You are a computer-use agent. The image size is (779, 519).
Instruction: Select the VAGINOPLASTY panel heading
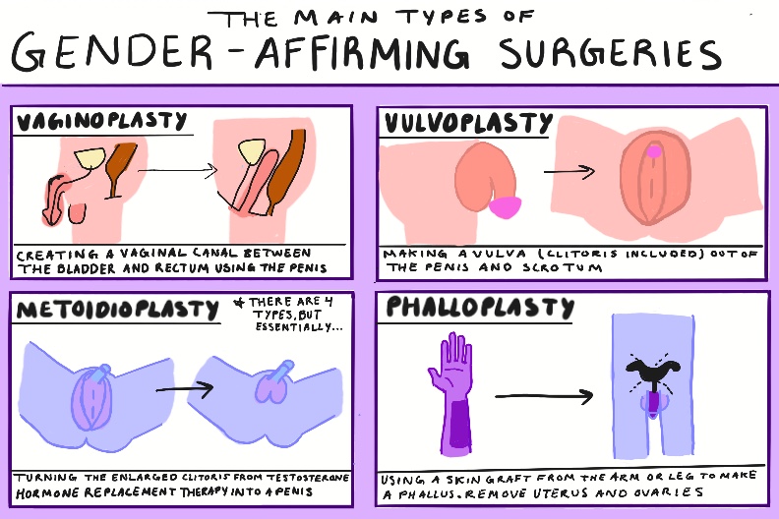[x=100, y=122]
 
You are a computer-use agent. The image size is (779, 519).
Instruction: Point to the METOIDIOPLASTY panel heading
[x=117, y=308]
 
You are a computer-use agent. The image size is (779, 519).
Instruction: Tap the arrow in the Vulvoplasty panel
[x=570, y=170]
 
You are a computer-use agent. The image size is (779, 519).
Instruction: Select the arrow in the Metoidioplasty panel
[x=184, y=387]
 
